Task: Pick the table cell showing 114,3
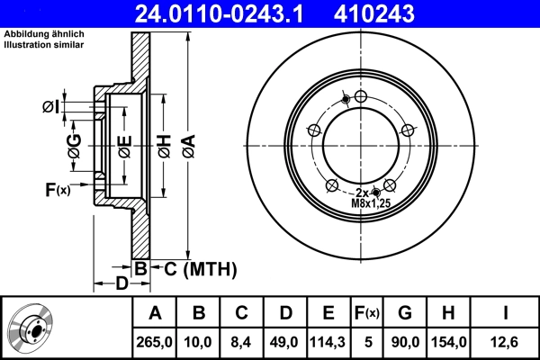(x=328, y=341)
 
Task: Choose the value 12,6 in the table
(x=506, y=341)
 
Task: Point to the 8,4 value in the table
(x=241, y=341)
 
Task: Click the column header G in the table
(x=404, y=313)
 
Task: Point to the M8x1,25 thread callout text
(x=371, y=204)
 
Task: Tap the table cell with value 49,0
(x=285, y=341)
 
